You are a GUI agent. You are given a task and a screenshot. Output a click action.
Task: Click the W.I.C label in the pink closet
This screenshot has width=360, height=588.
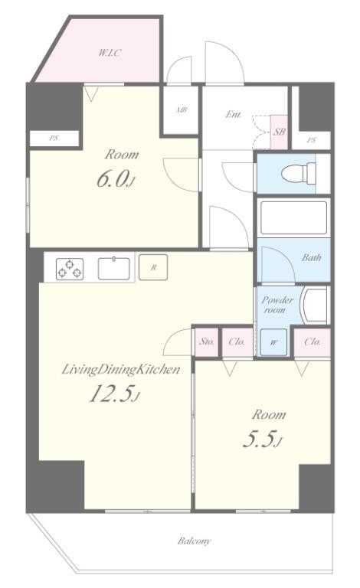(x=110, y=53)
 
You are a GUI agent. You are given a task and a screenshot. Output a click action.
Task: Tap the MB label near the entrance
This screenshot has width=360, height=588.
(x=182, y=110)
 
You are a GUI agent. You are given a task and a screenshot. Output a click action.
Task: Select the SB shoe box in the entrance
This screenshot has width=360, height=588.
(x=279, y=132)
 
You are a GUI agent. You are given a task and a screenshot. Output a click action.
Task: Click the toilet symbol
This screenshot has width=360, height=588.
(x=299, y=174)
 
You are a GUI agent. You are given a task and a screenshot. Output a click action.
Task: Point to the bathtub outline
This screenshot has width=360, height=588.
(x=293, y=217)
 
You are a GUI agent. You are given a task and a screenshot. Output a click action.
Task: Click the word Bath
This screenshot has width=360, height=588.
(x=311, y=257)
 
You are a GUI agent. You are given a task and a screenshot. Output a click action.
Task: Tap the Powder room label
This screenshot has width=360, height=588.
(x=277, y=305)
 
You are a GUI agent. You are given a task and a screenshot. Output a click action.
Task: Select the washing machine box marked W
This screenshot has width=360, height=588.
(x=273, y=342)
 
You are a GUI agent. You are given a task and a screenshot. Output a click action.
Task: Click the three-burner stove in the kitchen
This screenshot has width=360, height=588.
(x=70, y=269)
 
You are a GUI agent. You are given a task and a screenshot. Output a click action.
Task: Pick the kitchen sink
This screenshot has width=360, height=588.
(x=113, y=269)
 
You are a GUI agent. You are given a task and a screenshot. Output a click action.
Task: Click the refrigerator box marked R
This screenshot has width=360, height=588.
(x=153, y=267)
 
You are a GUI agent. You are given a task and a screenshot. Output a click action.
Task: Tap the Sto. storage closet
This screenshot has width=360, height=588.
(x=207, y=342)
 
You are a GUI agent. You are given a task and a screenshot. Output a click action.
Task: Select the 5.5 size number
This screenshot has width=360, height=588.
(x=261, y=439)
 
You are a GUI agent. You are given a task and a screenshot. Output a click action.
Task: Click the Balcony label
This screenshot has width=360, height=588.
(x=195, y=541)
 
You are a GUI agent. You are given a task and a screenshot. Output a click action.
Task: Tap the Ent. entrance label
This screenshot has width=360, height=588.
(x=234, y=114)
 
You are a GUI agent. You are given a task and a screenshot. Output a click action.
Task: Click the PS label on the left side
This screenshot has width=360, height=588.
(x=54, y=139)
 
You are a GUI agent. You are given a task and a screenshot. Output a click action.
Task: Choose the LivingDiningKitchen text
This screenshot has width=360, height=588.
(x=120, y=370)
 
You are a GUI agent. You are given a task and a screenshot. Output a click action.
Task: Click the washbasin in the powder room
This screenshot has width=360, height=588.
(x=314, y=305)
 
